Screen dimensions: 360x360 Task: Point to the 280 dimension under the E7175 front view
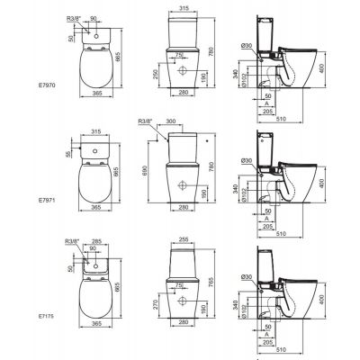(x=184, y=341)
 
